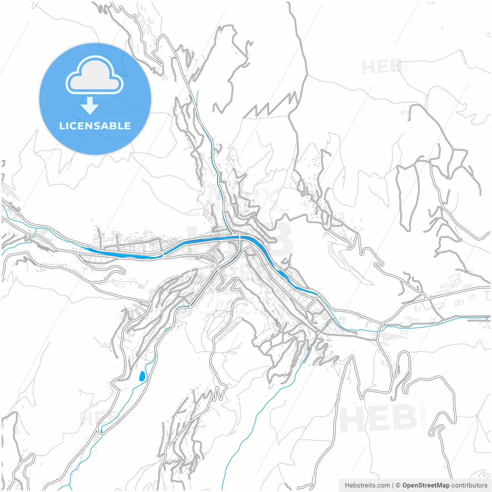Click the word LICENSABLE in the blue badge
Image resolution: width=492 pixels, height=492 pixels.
pyautogui.click(x=95, y=126)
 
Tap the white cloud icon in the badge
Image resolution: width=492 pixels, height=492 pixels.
pyautogui.click(x=95, y=75)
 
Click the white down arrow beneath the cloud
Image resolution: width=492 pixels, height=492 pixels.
pyautogui.click(x=90, y=106)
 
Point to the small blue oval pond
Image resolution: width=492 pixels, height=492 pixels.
pyautogui.click(x=142, y=376)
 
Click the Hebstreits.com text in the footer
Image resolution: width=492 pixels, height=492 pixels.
pyautogui.click(x=367, y=485)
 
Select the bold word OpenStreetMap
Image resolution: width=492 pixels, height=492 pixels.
pyautogui.click(x=426, y=485)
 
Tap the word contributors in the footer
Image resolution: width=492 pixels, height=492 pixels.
pyautogui.click(x=469, y=485)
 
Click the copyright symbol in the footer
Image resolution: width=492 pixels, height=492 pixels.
pyautogui.click(x=398, y=485)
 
